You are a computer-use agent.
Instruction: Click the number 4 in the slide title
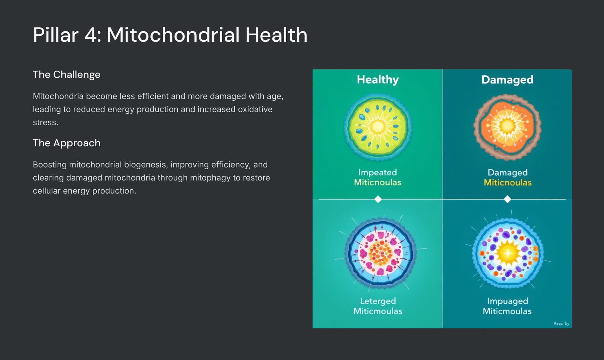point(91,35)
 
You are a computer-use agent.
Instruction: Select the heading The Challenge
point(66,75)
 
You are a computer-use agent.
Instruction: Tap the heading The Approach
point(66,143)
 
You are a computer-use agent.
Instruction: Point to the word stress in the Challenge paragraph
point(45,123)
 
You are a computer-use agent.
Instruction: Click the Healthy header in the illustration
point(378,80)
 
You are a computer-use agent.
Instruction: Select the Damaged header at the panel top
point(507,80)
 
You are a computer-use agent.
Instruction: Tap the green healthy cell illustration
point(378,127)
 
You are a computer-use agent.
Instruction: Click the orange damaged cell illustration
point(507,127)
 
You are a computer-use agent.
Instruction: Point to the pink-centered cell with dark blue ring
point(381,252)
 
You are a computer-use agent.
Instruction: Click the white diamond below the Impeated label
point(378,199)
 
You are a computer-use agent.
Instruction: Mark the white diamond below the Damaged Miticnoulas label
point(507,199)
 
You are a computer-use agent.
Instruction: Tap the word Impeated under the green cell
point(377,173)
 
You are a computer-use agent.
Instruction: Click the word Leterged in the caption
point(378,301)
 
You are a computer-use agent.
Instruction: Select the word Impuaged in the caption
point(508,301)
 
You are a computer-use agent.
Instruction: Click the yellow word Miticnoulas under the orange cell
point(508,183)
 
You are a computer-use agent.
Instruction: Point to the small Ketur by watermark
point(561,323)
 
